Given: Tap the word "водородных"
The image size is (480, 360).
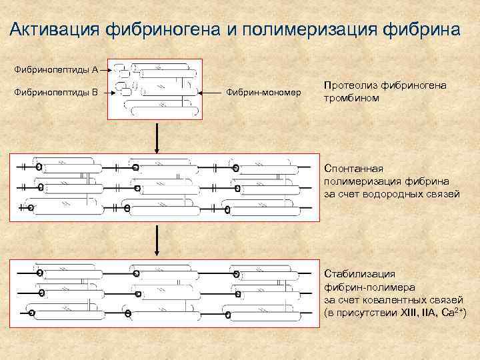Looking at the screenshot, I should coord(401,193).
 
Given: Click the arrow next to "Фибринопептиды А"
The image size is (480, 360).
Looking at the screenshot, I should coord(107,69).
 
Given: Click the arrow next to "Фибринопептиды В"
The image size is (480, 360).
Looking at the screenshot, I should coord(110,93).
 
